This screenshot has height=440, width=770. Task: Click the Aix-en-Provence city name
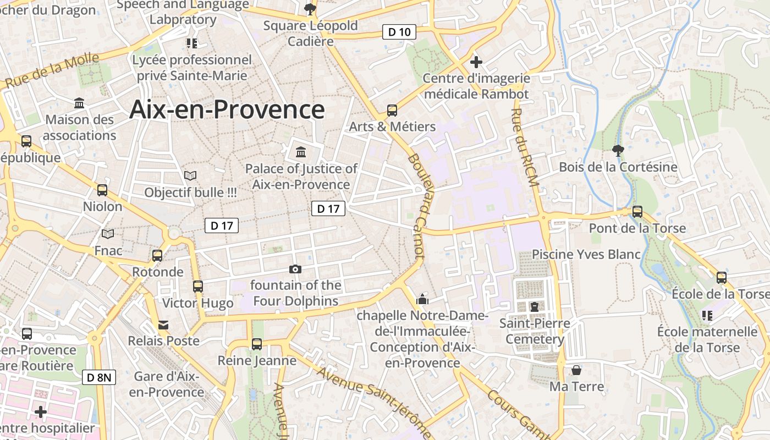[227, 109]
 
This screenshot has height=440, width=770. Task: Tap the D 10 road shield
[399, 32]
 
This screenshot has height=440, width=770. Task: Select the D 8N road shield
[100, 377]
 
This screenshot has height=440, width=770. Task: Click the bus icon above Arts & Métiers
[392, 111]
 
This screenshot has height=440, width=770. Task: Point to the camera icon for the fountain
[295, 269]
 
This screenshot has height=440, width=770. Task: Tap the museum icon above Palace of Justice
[301, 152]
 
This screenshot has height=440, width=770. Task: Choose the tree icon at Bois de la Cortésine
[618, 150]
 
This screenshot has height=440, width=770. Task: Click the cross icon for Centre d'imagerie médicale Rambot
[476, 62]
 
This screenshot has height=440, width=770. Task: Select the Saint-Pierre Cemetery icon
[534, 306]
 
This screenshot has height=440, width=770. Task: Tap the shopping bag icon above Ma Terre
[576, 370]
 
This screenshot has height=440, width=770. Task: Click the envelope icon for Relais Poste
[163, 324]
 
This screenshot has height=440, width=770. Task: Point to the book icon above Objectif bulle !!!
[190, 176]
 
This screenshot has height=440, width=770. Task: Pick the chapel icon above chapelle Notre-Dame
[422, 299]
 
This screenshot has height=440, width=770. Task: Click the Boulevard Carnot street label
[417, 206]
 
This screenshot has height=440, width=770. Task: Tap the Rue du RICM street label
[525, 147]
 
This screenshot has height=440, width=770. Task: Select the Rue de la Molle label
[52, 70]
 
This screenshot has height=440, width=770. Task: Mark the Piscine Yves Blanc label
[586, 254]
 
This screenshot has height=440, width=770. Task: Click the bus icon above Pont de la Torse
[637, 212]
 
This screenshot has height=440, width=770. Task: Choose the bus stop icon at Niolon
[102, 190]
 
